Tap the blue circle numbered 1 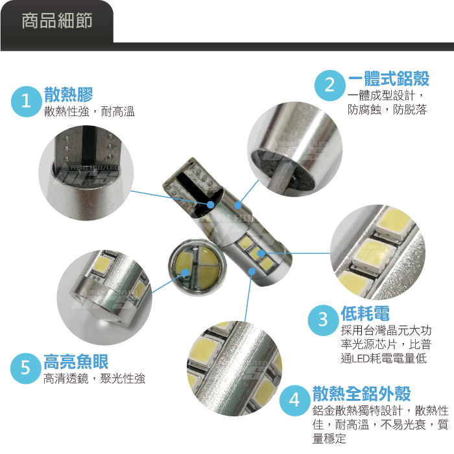point(26,102)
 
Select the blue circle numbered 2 point(329,86)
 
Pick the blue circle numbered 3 point(323,320)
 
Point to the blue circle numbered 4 point(294,400)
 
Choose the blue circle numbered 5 point(25,368)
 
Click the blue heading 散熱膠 point(69,95)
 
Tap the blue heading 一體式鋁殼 point(388,78)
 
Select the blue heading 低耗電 point(365,313)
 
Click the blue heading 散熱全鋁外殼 point(362,394)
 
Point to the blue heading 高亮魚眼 point(76,362)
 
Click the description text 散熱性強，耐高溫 point(90,112)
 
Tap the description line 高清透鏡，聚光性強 point(95,378)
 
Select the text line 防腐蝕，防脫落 point(387,110)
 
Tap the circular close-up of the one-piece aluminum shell point(294,149)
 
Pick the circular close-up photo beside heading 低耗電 point(377,252)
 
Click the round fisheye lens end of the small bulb point(195,267)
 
